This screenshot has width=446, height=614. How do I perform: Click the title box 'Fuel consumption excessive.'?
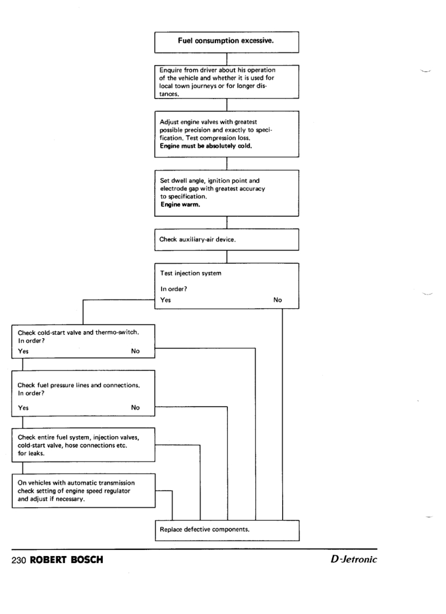point(227,40)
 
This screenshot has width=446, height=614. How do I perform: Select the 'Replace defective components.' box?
point(227,530)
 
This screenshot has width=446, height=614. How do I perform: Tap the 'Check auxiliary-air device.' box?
point(227,239)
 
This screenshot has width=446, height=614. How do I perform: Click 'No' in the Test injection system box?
point(278,300)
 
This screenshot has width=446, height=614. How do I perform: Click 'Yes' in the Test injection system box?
point(165,300)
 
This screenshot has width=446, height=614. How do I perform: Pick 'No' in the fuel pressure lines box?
point(136,408)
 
